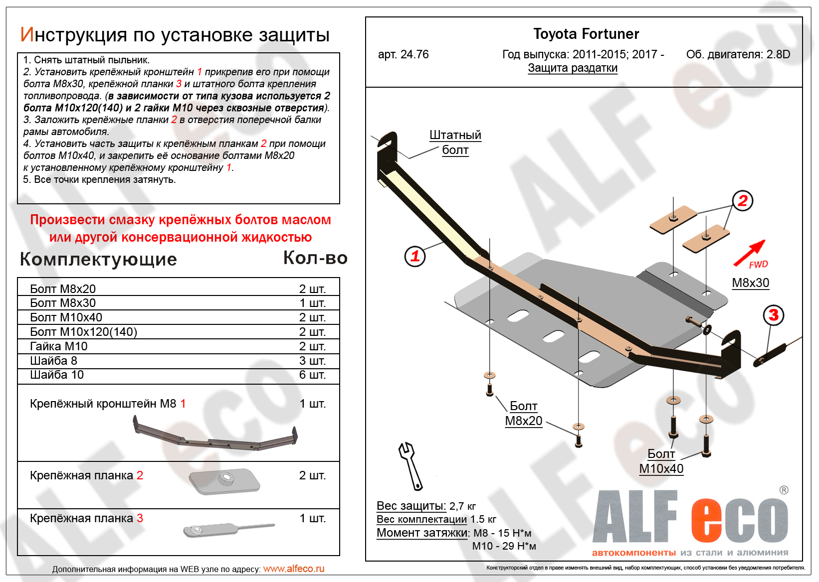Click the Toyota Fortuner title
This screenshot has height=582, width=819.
(586, 34)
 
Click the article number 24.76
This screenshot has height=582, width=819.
(403, 54)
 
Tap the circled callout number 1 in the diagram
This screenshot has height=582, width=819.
(415, 257)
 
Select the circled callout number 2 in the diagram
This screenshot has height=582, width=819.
(742, 201)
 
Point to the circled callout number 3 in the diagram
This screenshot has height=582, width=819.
(773, 315)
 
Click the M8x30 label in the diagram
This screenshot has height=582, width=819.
(750, 283)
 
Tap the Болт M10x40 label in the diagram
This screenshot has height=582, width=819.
(661, 461)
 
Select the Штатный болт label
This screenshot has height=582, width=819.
(455, 143)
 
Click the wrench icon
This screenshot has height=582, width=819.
(410, 465)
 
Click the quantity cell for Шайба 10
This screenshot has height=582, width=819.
(312, 375)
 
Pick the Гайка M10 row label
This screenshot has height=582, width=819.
(59, 346)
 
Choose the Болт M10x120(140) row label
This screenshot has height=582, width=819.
(83, 332)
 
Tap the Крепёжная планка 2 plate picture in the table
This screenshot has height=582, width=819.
(224, 480)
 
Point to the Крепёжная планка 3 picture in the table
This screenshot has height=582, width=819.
(228, 529)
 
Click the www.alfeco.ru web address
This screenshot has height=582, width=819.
(293, 569)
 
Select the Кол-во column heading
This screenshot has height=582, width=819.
(315, 258)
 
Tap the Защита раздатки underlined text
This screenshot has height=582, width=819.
(573, 68)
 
